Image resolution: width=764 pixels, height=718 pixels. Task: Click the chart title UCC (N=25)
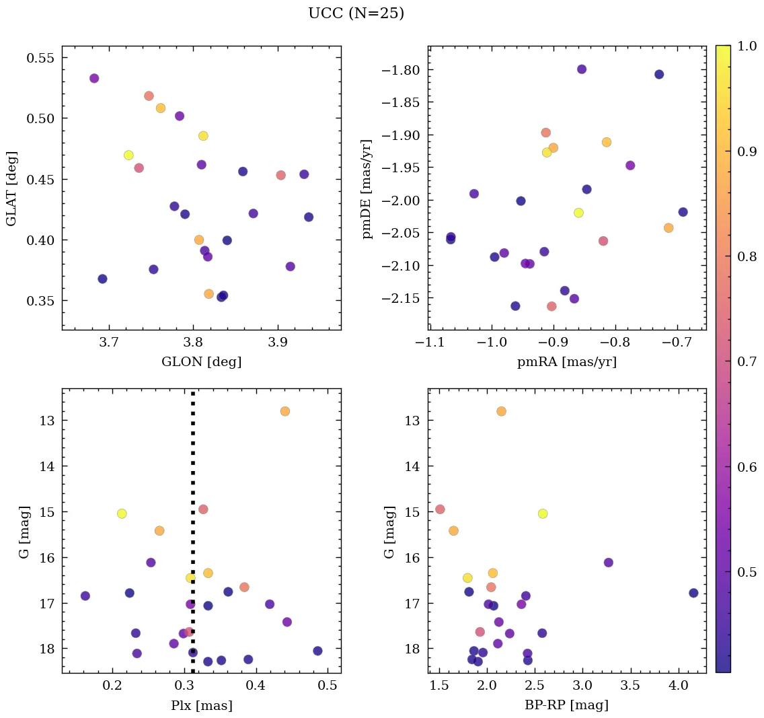[356, 13]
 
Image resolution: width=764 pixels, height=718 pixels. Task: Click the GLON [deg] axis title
[201, 362]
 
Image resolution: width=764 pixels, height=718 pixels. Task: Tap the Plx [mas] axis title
[201, 706]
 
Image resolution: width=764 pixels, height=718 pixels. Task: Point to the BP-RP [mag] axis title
[567, 706]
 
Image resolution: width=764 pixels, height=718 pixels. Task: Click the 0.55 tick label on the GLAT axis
[41, 58]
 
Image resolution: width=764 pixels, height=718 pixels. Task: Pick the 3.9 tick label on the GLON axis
[278, 343]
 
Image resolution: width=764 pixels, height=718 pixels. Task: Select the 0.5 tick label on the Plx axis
[328, 686]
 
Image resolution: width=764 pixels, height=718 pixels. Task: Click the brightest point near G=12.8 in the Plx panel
[285, 411]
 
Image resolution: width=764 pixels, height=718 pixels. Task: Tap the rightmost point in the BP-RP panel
[693, 593]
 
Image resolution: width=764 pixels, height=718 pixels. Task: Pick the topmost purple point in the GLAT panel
[94, 78]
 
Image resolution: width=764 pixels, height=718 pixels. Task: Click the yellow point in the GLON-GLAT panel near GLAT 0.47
[128, 155]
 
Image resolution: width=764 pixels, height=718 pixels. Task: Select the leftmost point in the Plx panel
[85, 596]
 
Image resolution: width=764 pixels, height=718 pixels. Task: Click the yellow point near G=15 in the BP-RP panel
[543, 513]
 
